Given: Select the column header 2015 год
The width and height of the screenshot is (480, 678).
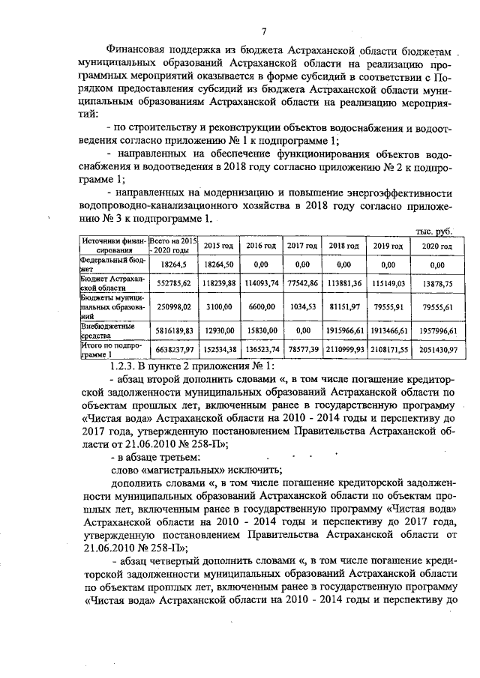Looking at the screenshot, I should (x=219, y=246).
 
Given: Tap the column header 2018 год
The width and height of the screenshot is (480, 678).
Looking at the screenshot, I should (x=343, y=246).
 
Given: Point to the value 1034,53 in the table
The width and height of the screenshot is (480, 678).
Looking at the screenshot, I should (x=302, y=306).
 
